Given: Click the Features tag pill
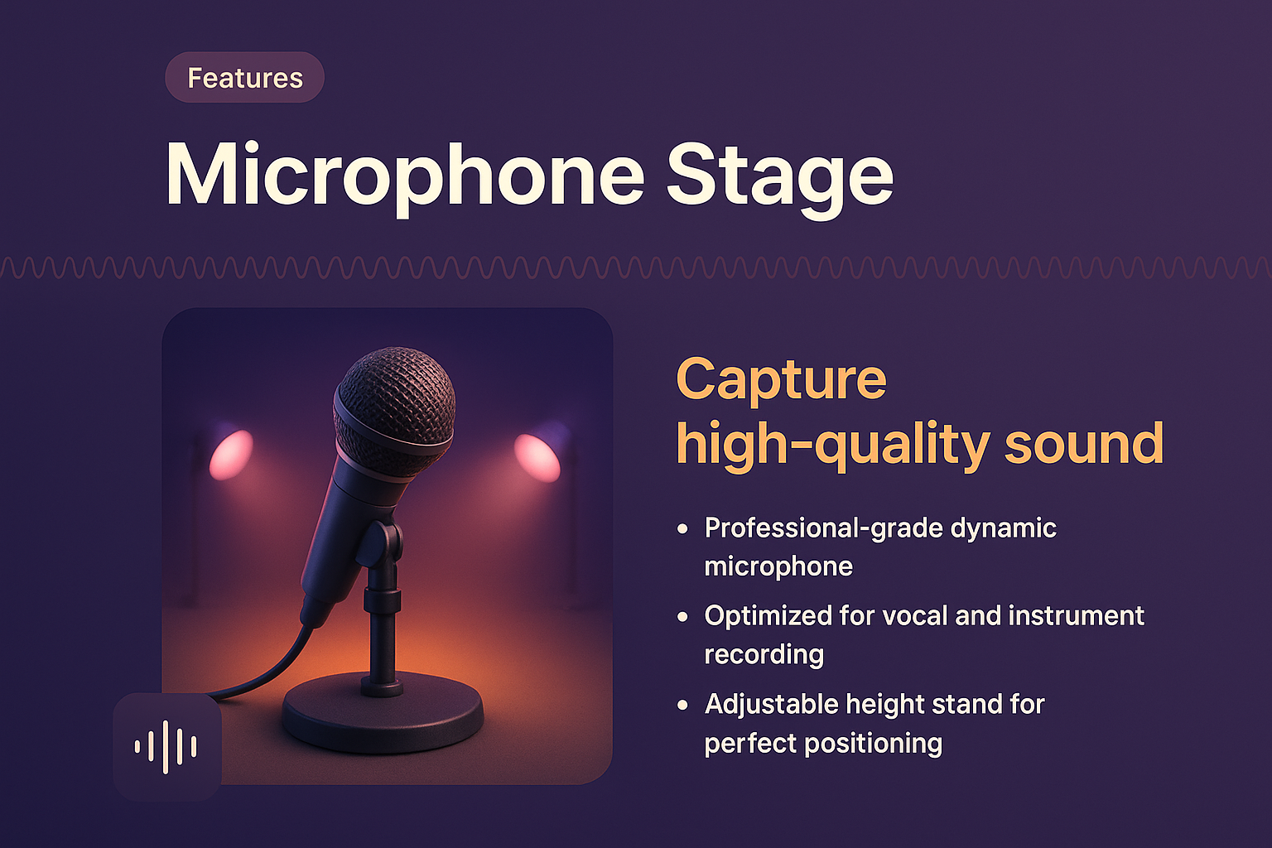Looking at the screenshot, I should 244,78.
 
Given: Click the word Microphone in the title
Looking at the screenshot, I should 405,176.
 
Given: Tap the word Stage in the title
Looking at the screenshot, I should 779,176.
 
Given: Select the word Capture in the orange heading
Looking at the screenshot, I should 781,380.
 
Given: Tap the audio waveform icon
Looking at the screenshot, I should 166,747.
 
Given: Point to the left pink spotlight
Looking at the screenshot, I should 231,455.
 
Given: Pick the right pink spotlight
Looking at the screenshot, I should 537,456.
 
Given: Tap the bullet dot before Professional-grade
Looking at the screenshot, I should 682,528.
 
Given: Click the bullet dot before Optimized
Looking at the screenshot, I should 682,616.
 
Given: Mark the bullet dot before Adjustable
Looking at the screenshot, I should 682,705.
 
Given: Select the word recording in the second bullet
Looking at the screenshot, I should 764,654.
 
